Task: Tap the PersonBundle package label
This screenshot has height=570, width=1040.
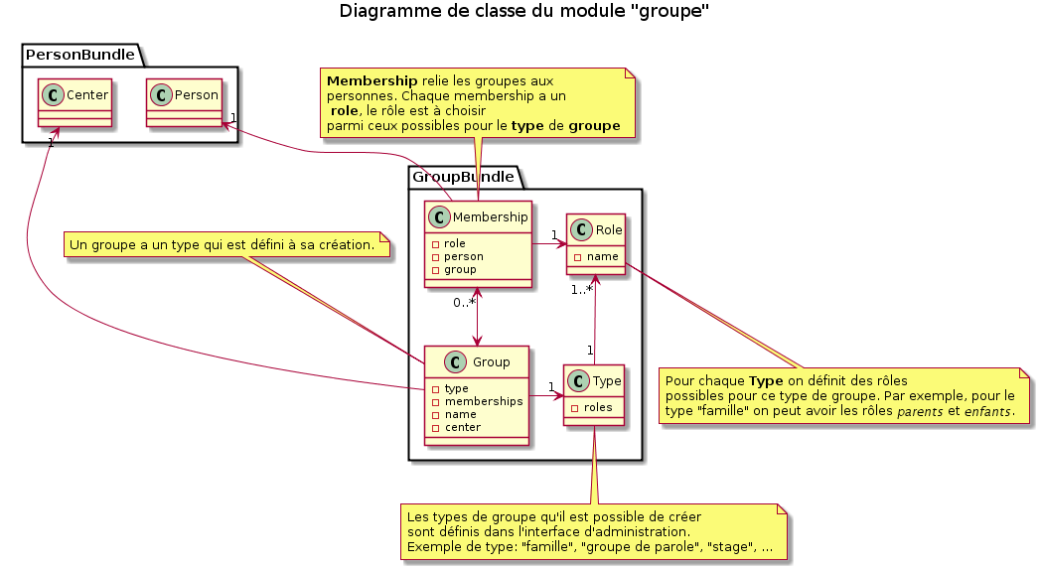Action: (x=79, y=54)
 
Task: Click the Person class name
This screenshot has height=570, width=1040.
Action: (x=197, y=95)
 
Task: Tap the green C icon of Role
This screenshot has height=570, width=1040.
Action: (x=582, y=230)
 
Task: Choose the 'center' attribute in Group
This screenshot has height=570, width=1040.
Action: (x=463, y=427)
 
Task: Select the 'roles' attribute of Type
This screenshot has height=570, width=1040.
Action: (x=597, y=407)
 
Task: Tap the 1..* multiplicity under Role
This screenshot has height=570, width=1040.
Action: (x=582, y=290)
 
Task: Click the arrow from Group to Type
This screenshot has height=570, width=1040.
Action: (x=546, y=396)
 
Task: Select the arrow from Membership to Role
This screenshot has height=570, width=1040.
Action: (x=548, y=243)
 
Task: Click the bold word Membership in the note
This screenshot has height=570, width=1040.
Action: (x=365, y=80)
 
